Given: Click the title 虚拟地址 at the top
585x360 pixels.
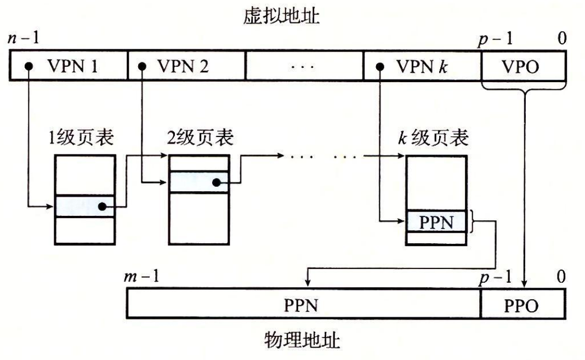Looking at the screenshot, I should [281, 17].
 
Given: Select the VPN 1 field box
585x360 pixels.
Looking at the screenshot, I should [69, 67].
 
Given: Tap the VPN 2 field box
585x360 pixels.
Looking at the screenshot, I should [186, 67].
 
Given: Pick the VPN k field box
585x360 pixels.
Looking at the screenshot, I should [422, 67].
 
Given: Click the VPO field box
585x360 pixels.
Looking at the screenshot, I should [522, 67].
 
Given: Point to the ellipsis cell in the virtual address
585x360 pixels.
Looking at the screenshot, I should [304, 67].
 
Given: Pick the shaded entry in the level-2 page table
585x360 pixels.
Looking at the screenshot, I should [198, 182].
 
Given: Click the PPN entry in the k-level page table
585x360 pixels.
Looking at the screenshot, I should [437, 222].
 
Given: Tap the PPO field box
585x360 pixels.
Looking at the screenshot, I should [522, 305].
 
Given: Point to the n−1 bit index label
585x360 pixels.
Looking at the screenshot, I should [23, 39].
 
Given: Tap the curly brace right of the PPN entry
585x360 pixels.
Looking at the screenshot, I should [475, 222].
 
